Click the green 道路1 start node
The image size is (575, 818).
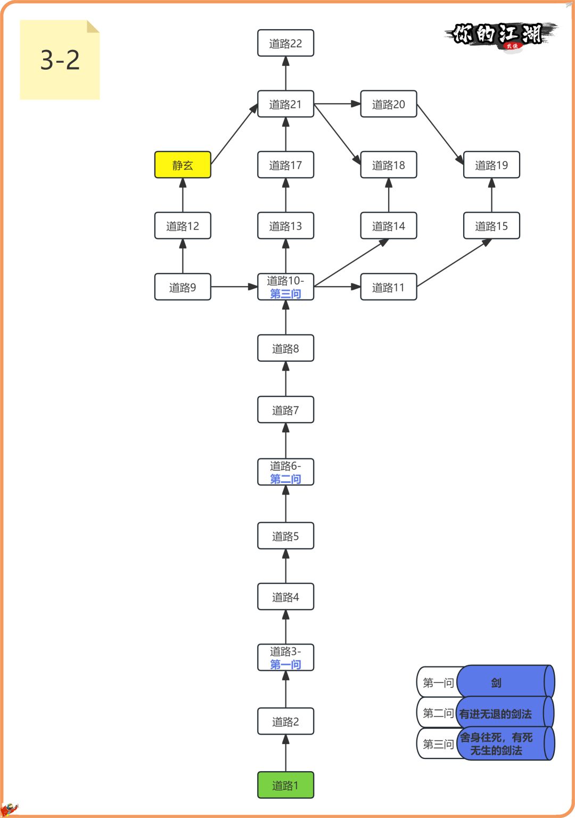point(285,785)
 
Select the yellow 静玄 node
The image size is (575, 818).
point(183,165)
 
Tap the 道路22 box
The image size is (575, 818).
point(285,43)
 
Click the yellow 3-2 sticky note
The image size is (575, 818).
point(60,60)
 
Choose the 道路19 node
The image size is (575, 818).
point(491,165)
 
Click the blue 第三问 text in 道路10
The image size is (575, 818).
point(285,294)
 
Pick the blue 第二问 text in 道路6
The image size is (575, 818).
point(285,479)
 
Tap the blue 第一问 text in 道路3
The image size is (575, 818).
point(285,664)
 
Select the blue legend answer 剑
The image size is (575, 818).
point(497,682)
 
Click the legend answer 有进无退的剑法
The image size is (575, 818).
point(496,714)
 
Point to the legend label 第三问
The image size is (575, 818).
point(438,744)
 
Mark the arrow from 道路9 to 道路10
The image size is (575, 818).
point(234,287)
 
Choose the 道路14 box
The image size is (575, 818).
point(388,226)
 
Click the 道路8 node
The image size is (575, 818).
point(285,348)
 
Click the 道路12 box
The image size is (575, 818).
point(183,226)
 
